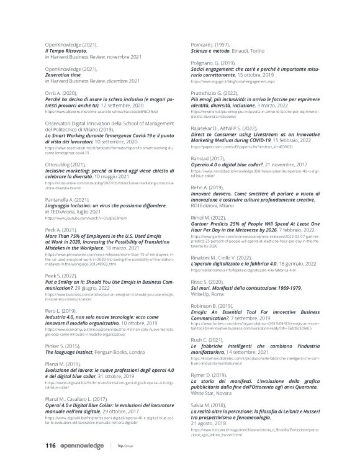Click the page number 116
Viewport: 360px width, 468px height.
[52, 446]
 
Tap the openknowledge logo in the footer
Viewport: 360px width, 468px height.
[83, 446]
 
